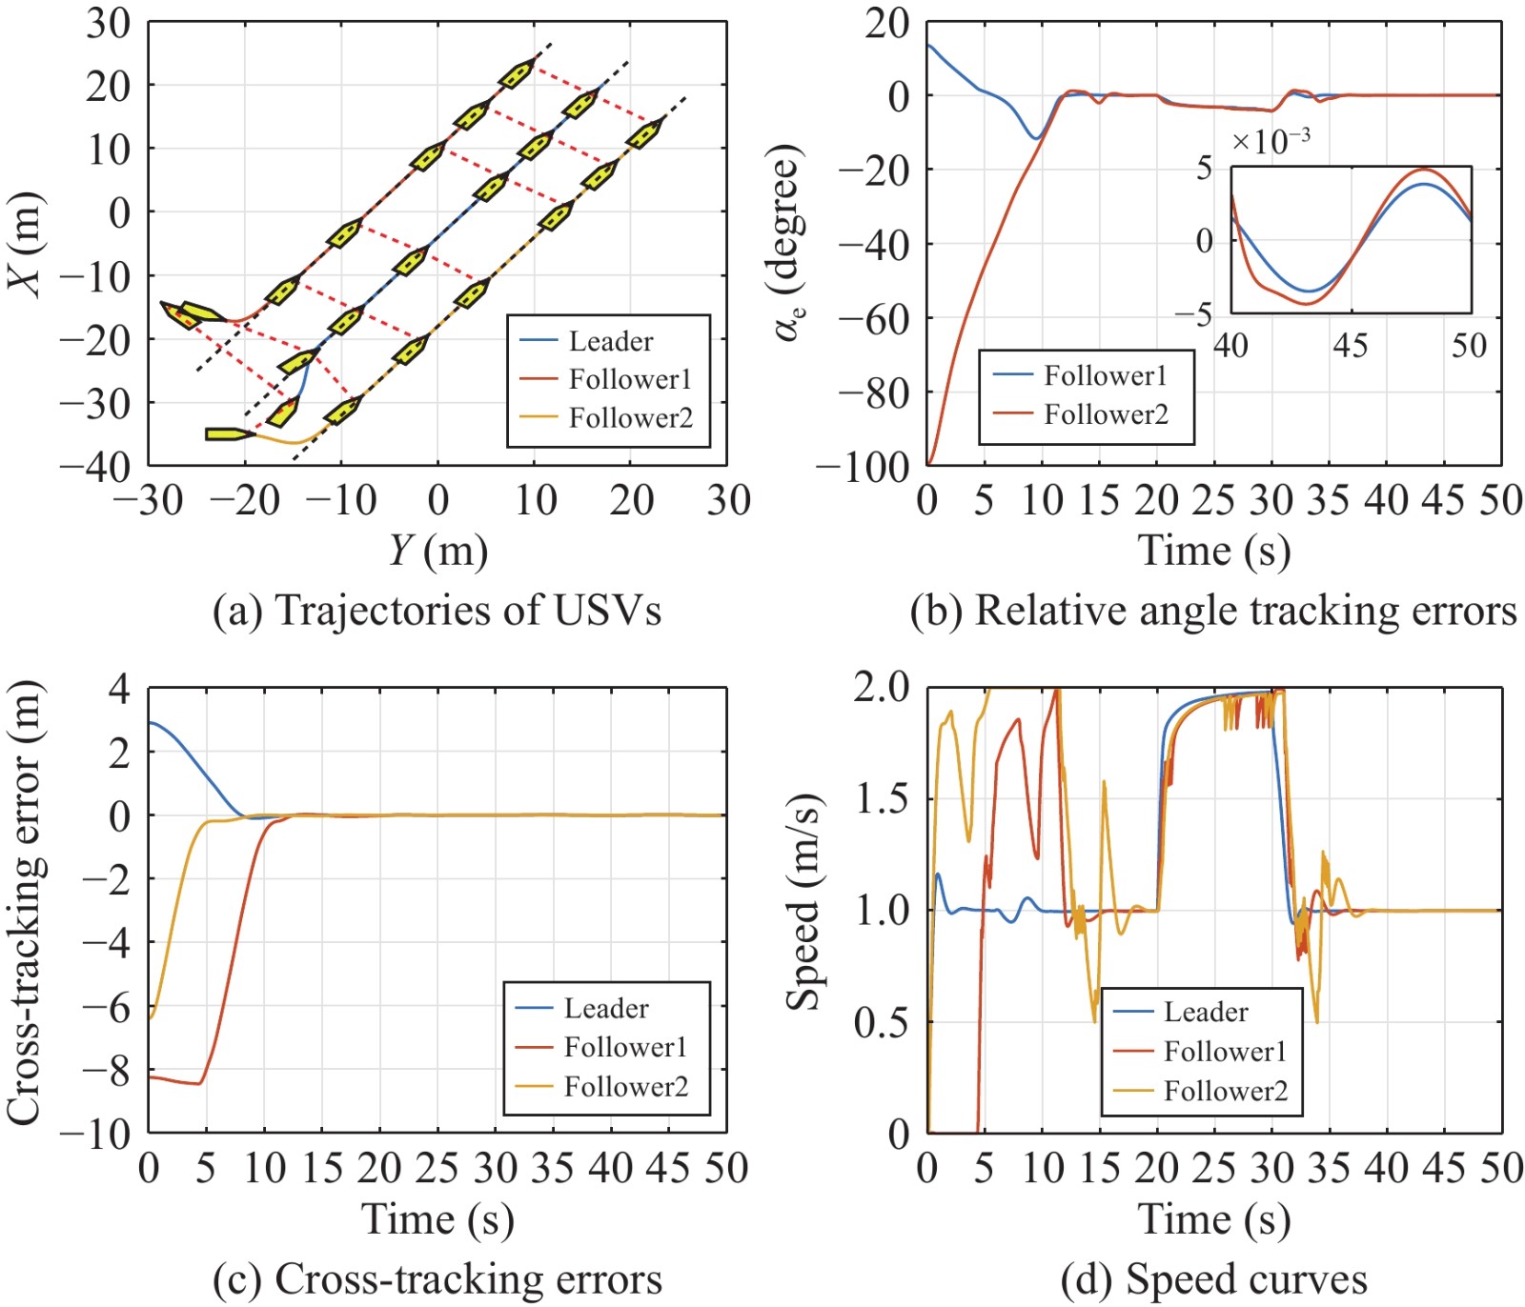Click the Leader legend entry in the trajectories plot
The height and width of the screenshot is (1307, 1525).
point(610,341)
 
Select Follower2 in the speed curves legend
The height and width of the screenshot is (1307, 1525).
point(1225,1091)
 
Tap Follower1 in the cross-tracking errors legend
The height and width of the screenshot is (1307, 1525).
point(625,1047)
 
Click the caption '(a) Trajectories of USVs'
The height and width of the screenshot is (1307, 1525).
point(437,611)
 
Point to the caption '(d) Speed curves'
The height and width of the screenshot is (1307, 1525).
point(1213,1279)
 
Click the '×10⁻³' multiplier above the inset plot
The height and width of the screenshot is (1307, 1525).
point(1271,142)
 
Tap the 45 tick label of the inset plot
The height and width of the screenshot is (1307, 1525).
point(1350,345)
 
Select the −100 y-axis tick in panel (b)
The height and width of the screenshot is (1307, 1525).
point(863,466)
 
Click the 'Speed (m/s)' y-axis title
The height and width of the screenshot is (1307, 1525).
point(803,900)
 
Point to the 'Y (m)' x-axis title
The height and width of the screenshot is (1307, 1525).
point(437,551)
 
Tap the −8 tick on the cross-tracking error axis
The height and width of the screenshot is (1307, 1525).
point(107,1071)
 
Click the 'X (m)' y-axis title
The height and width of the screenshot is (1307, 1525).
point(26,244)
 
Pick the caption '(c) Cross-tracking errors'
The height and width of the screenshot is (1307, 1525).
point(437,1279)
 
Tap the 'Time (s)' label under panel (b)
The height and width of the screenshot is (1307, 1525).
point(1213,551)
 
